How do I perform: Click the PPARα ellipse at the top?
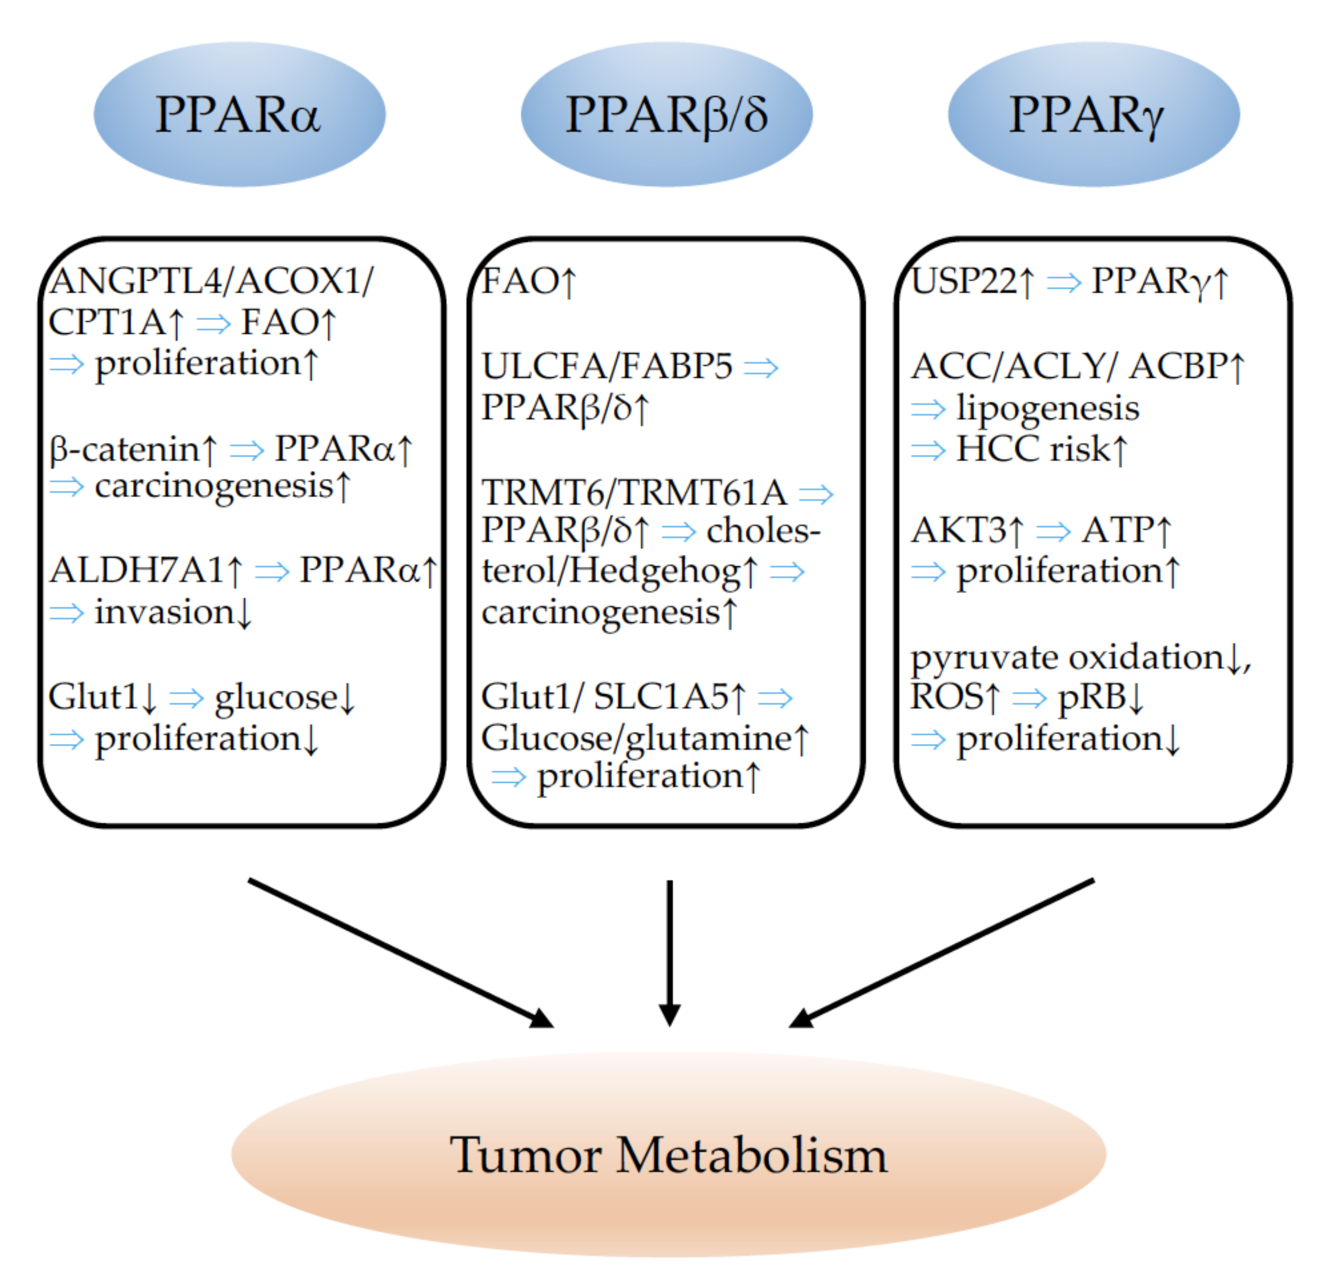pos(239,114)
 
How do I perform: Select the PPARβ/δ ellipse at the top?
pos(666,114)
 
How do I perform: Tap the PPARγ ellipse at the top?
pos(1094,114)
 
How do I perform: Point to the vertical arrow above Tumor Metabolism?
pos(670,953)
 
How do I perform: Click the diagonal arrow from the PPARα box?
pos(401,953)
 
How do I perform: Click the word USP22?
pos(964,281)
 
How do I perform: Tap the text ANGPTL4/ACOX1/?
pos(211,281)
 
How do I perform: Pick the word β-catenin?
pos(125,449)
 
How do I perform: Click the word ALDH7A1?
pos(136,570)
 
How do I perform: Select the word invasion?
pos(164,612)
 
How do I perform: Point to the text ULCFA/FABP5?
pos(606,367)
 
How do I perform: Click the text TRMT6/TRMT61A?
pos(634,492)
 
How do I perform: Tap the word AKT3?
pos(958,530)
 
